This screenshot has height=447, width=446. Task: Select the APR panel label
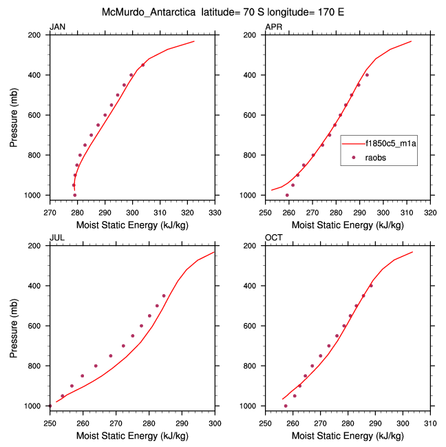tap(273, 27)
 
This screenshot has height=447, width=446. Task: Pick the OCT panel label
tap(273, 238)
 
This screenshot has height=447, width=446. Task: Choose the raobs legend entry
tap(379, 157)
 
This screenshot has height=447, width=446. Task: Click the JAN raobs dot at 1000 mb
tap(75, 195)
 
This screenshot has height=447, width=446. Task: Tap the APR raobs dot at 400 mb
tap(367, 75)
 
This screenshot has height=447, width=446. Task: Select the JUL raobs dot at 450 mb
tap(164, 295)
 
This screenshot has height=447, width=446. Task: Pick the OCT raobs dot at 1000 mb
tap(286, 406)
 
